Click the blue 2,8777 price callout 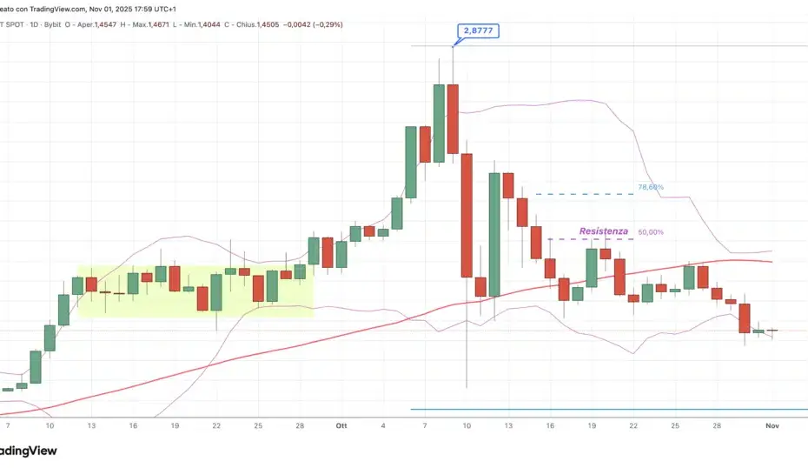[476, 31]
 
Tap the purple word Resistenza [604, 231]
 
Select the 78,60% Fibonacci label [651, 187]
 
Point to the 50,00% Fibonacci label [651, 232]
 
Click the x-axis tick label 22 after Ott [633, 426]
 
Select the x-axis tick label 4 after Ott [383, 426]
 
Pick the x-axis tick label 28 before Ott [299, 426]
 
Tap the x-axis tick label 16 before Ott [133, 426]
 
